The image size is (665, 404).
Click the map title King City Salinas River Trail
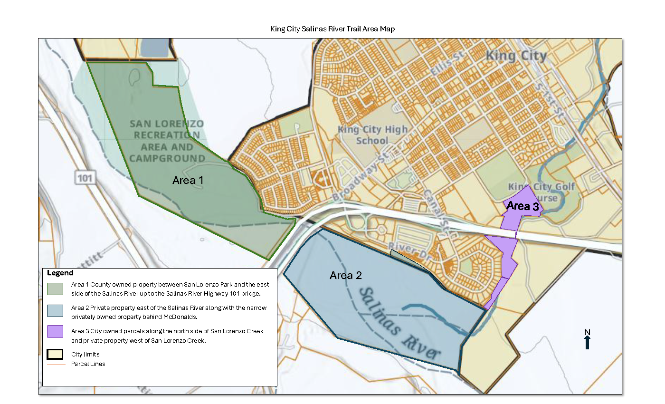pyautogui.click(x=332, y=29)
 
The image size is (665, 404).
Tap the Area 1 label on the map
pyautogui.click(x=188, y=181)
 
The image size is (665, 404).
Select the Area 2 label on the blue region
pyautogui.click(x=345, y=276)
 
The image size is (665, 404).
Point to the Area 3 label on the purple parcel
pyautogui.click(x=522, y=206)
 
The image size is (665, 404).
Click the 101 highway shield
pyautogui.click(x=85, y=178)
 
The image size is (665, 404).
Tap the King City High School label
pyautogui.click(x=372, y=135)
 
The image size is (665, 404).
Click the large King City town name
pyautogui.click(x=516, y=56)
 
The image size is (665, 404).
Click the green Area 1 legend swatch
pyautogui.click(x=56, y=289)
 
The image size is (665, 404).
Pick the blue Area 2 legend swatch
pyautogui.click(x=56, y=311)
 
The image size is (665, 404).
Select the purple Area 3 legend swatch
pyautogui.click(x=56, y=331)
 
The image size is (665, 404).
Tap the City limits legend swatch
pyautogui.click(x=56, y=354)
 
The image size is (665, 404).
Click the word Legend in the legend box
pyautogui.click(x=60, y=273)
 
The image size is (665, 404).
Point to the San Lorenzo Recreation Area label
pyautogui.click(x=167, y=141)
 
